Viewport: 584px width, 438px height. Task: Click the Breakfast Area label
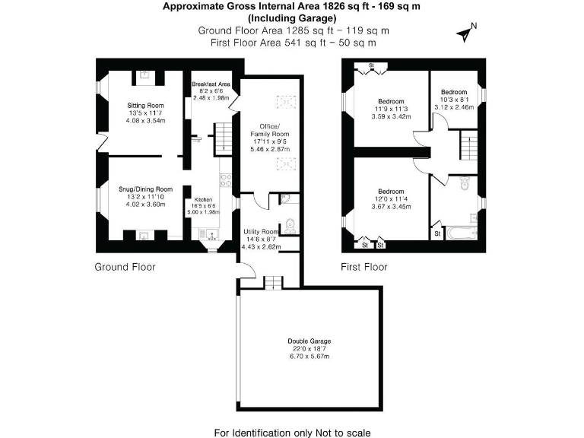[x=211, y=84]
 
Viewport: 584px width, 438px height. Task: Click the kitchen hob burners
[x=225, y=180]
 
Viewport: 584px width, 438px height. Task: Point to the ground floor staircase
[x=222, y=137]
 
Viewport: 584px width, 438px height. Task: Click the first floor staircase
[x=469, y=144]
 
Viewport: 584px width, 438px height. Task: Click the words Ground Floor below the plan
[x=125, y=267]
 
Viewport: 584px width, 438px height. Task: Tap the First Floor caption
[x=363, y=267]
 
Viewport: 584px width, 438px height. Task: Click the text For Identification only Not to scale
[x=292, y=433]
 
